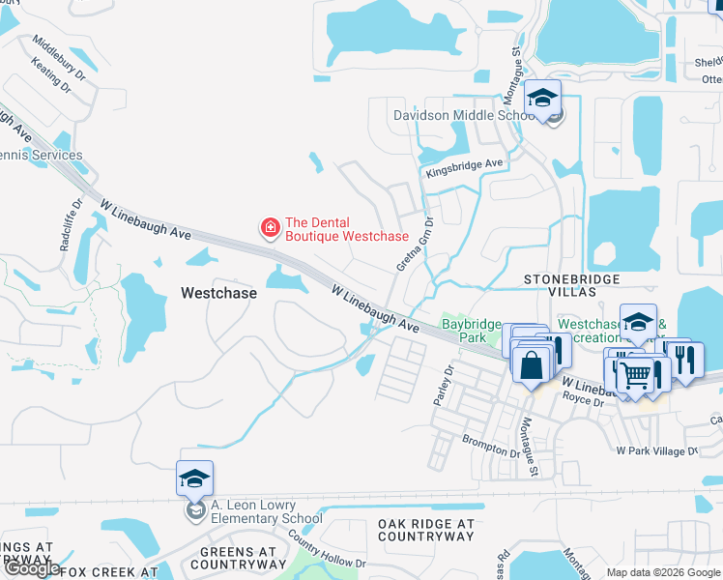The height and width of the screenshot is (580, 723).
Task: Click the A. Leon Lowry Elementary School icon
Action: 194,478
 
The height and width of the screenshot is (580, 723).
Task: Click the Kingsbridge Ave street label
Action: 465,168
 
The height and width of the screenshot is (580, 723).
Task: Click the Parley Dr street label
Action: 448,385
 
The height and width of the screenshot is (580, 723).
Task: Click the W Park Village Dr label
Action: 656,450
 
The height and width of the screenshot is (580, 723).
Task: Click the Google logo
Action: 31,569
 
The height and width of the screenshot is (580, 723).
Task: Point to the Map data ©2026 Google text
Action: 662,572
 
